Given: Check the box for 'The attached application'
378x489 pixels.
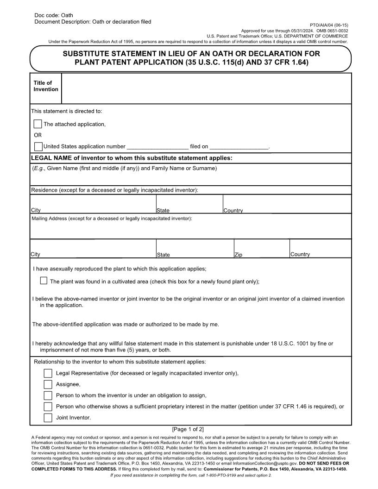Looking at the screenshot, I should (38, 124).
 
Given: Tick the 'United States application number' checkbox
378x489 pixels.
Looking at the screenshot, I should (38, 146).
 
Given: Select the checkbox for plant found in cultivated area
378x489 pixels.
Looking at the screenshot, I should (44, 281).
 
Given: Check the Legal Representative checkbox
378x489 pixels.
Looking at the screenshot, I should (48, 373).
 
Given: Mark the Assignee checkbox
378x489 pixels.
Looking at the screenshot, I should (48, 384).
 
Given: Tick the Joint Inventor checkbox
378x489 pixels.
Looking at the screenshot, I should (48, 418).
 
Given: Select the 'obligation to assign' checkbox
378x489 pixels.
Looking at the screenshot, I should (48, 395).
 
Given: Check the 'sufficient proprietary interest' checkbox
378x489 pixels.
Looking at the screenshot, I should (48, 407).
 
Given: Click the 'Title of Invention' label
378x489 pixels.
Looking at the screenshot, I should (45, 86).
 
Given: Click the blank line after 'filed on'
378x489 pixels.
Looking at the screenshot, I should (239, 147).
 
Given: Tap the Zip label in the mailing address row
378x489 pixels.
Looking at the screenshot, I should (238, 255).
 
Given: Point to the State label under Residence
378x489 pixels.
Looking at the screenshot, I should (163, 211).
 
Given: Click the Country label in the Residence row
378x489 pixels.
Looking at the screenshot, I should (233, 211).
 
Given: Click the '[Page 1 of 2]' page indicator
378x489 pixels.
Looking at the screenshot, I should (188, 429).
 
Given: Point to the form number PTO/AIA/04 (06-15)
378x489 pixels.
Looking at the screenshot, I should (329, 25).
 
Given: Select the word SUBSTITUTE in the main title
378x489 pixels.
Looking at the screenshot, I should (89, 54).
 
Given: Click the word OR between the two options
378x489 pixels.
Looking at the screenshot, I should (38, 135).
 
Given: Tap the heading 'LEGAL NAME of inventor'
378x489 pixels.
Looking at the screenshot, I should (132, 158).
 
